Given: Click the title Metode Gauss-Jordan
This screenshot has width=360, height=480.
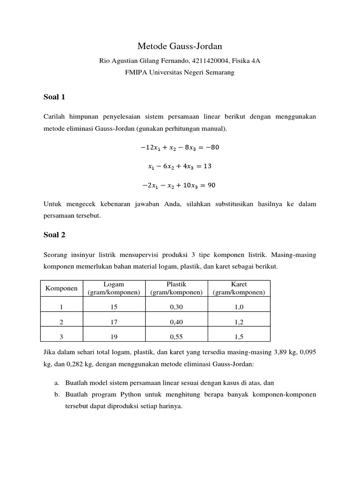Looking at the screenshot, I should point(180,46).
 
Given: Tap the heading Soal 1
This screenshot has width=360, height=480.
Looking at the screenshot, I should point(54,97).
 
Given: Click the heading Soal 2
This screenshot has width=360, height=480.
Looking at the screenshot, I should point(54,235).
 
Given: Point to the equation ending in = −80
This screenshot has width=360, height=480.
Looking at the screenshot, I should point(180,147).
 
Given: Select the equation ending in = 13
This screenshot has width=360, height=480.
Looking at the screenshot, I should point(180,166).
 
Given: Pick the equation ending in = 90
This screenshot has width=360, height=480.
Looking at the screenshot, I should point(180,185).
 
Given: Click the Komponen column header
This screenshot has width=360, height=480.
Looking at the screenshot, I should point(61,288).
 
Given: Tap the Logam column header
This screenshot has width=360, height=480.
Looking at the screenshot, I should point(114,288).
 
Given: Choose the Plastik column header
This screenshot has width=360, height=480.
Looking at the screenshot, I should point(176,288).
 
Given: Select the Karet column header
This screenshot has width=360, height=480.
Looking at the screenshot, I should point(239,288).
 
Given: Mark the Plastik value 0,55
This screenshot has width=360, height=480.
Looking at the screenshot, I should point(176,337).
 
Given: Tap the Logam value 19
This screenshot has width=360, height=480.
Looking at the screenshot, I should point(114,337).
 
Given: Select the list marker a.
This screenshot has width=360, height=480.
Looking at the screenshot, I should point(57,382).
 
